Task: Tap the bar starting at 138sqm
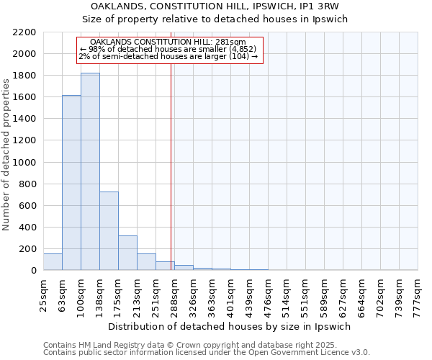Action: pos(109,230)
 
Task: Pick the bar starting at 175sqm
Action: pos(127,253)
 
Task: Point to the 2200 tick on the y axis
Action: pos(26,32)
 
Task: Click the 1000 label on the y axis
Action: pos(26,162)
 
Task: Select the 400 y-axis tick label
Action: pos(29,228)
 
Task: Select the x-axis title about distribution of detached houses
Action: pos(230,326)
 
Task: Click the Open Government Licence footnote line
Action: pos(206,353)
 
